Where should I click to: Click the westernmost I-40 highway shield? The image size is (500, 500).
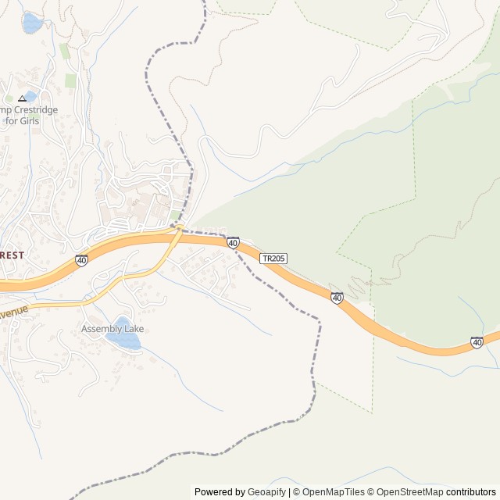(82, 260)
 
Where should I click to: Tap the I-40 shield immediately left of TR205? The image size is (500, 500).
(233, 243)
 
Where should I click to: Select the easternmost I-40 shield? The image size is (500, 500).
(477, 342)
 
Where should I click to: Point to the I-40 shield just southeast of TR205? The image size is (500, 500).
(337, 298)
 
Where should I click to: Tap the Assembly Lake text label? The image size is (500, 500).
(112, 329)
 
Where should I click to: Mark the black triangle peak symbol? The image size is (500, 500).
(22, 99)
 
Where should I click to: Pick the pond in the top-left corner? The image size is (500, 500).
(31, 23)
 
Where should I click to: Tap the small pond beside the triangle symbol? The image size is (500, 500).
(30, 96)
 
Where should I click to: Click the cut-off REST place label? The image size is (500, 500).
(12, 255)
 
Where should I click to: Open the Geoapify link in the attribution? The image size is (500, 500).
(267, 492)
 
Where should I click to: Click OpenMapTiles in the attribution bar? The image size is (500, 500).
(334, 492)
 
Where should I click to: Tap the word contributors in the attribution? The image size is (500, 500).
(471, 492)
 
